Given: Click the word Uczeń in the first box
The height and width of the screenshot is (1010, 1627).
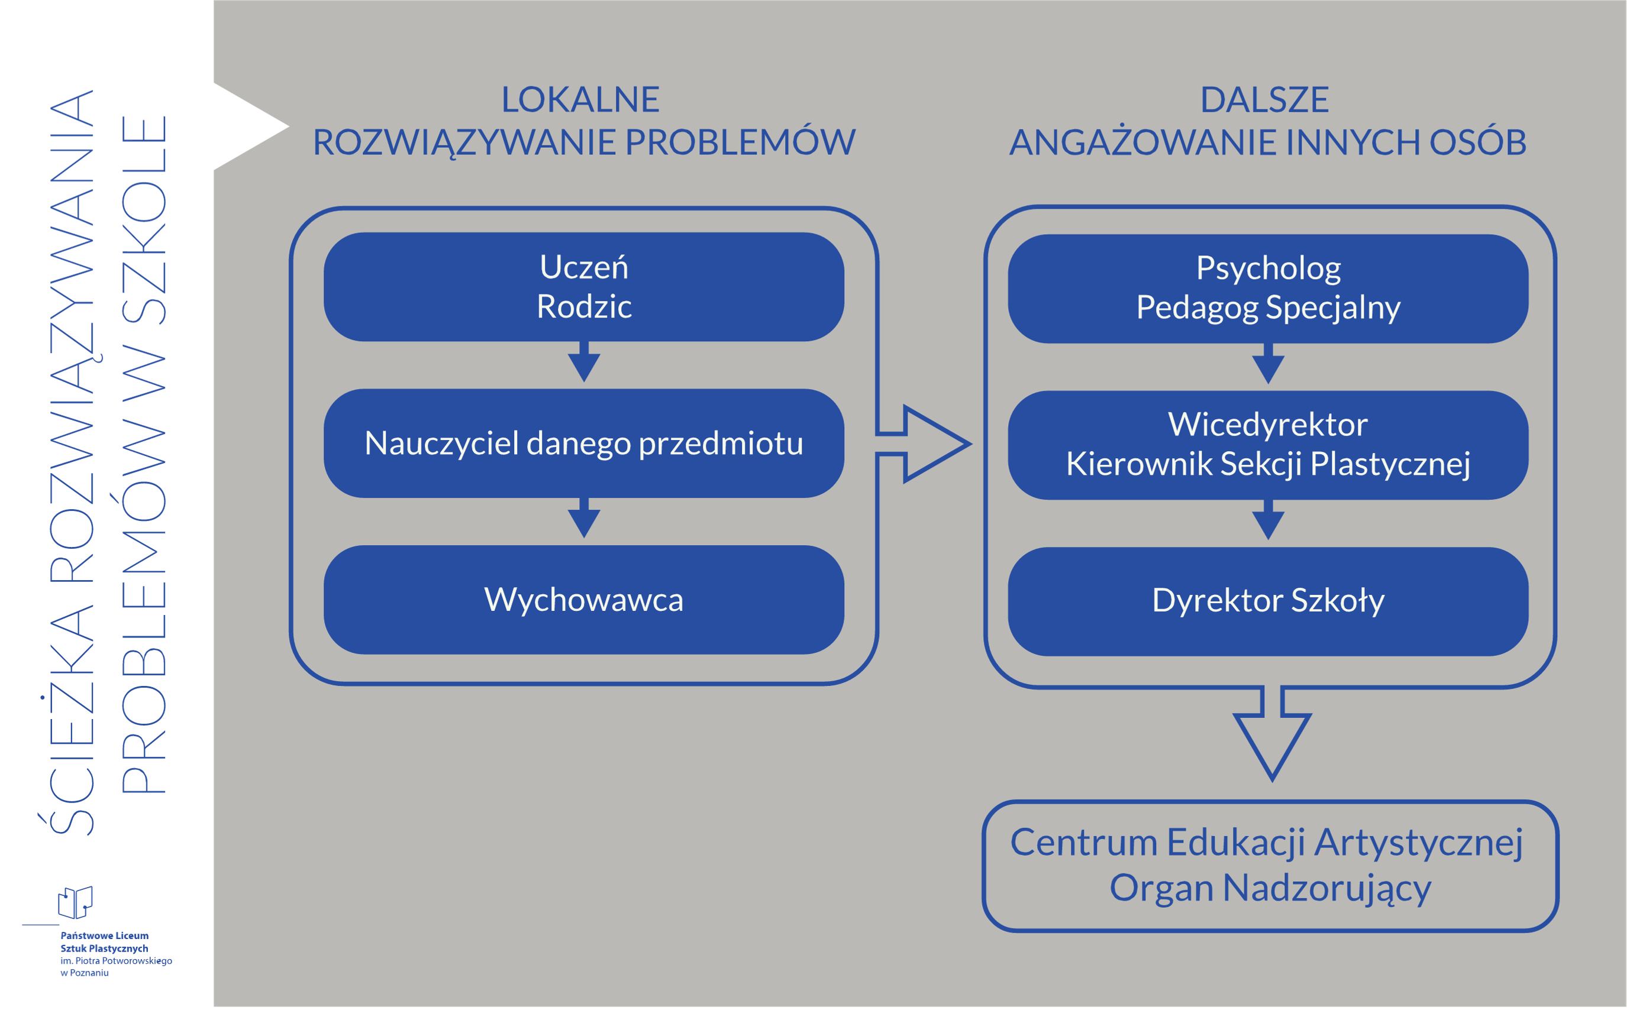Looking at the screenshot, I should point(583,267).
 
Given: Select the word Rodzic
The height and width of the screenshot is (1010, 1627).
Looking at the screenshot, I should point(583,306).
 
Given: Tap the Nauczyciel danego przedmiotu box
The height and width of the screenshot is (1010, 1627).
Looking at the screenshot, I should point(583,444).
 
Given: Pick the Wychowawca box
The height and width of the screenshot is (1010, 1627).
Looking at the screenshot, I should point(583,599).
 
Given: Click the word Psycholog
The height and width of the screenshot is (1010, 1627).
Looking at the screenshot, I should point(1267,268).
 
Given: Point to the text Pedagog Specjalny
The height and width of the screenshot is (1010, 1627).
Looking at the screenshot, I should point(1267,308).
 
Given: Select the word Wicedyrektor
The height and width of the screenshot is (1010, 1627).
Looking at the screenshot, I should point(1267,424).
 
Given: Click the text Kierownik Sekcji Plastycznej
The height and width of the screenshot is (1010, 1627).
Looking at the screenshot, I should point(1267,464).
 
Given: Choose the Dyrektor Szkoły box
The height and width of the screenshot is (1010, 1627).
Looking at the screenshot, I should point(1267,601).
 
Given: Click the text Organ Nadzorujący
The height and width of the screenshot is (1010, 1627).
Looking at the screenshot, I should point(1270,888).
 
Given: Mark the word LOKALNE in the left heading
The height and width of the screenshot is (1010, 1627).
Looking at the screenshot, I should point(580,99).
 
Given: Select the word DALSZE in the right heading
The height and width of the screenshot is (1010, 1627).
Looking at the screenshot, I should point(1264,99).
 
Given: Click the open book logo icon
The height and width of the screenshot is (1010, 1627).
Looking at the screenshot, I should point(75,902).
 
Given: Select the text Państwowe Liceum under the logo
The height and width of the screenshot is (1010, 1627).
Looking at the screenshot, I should point(104,936).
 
